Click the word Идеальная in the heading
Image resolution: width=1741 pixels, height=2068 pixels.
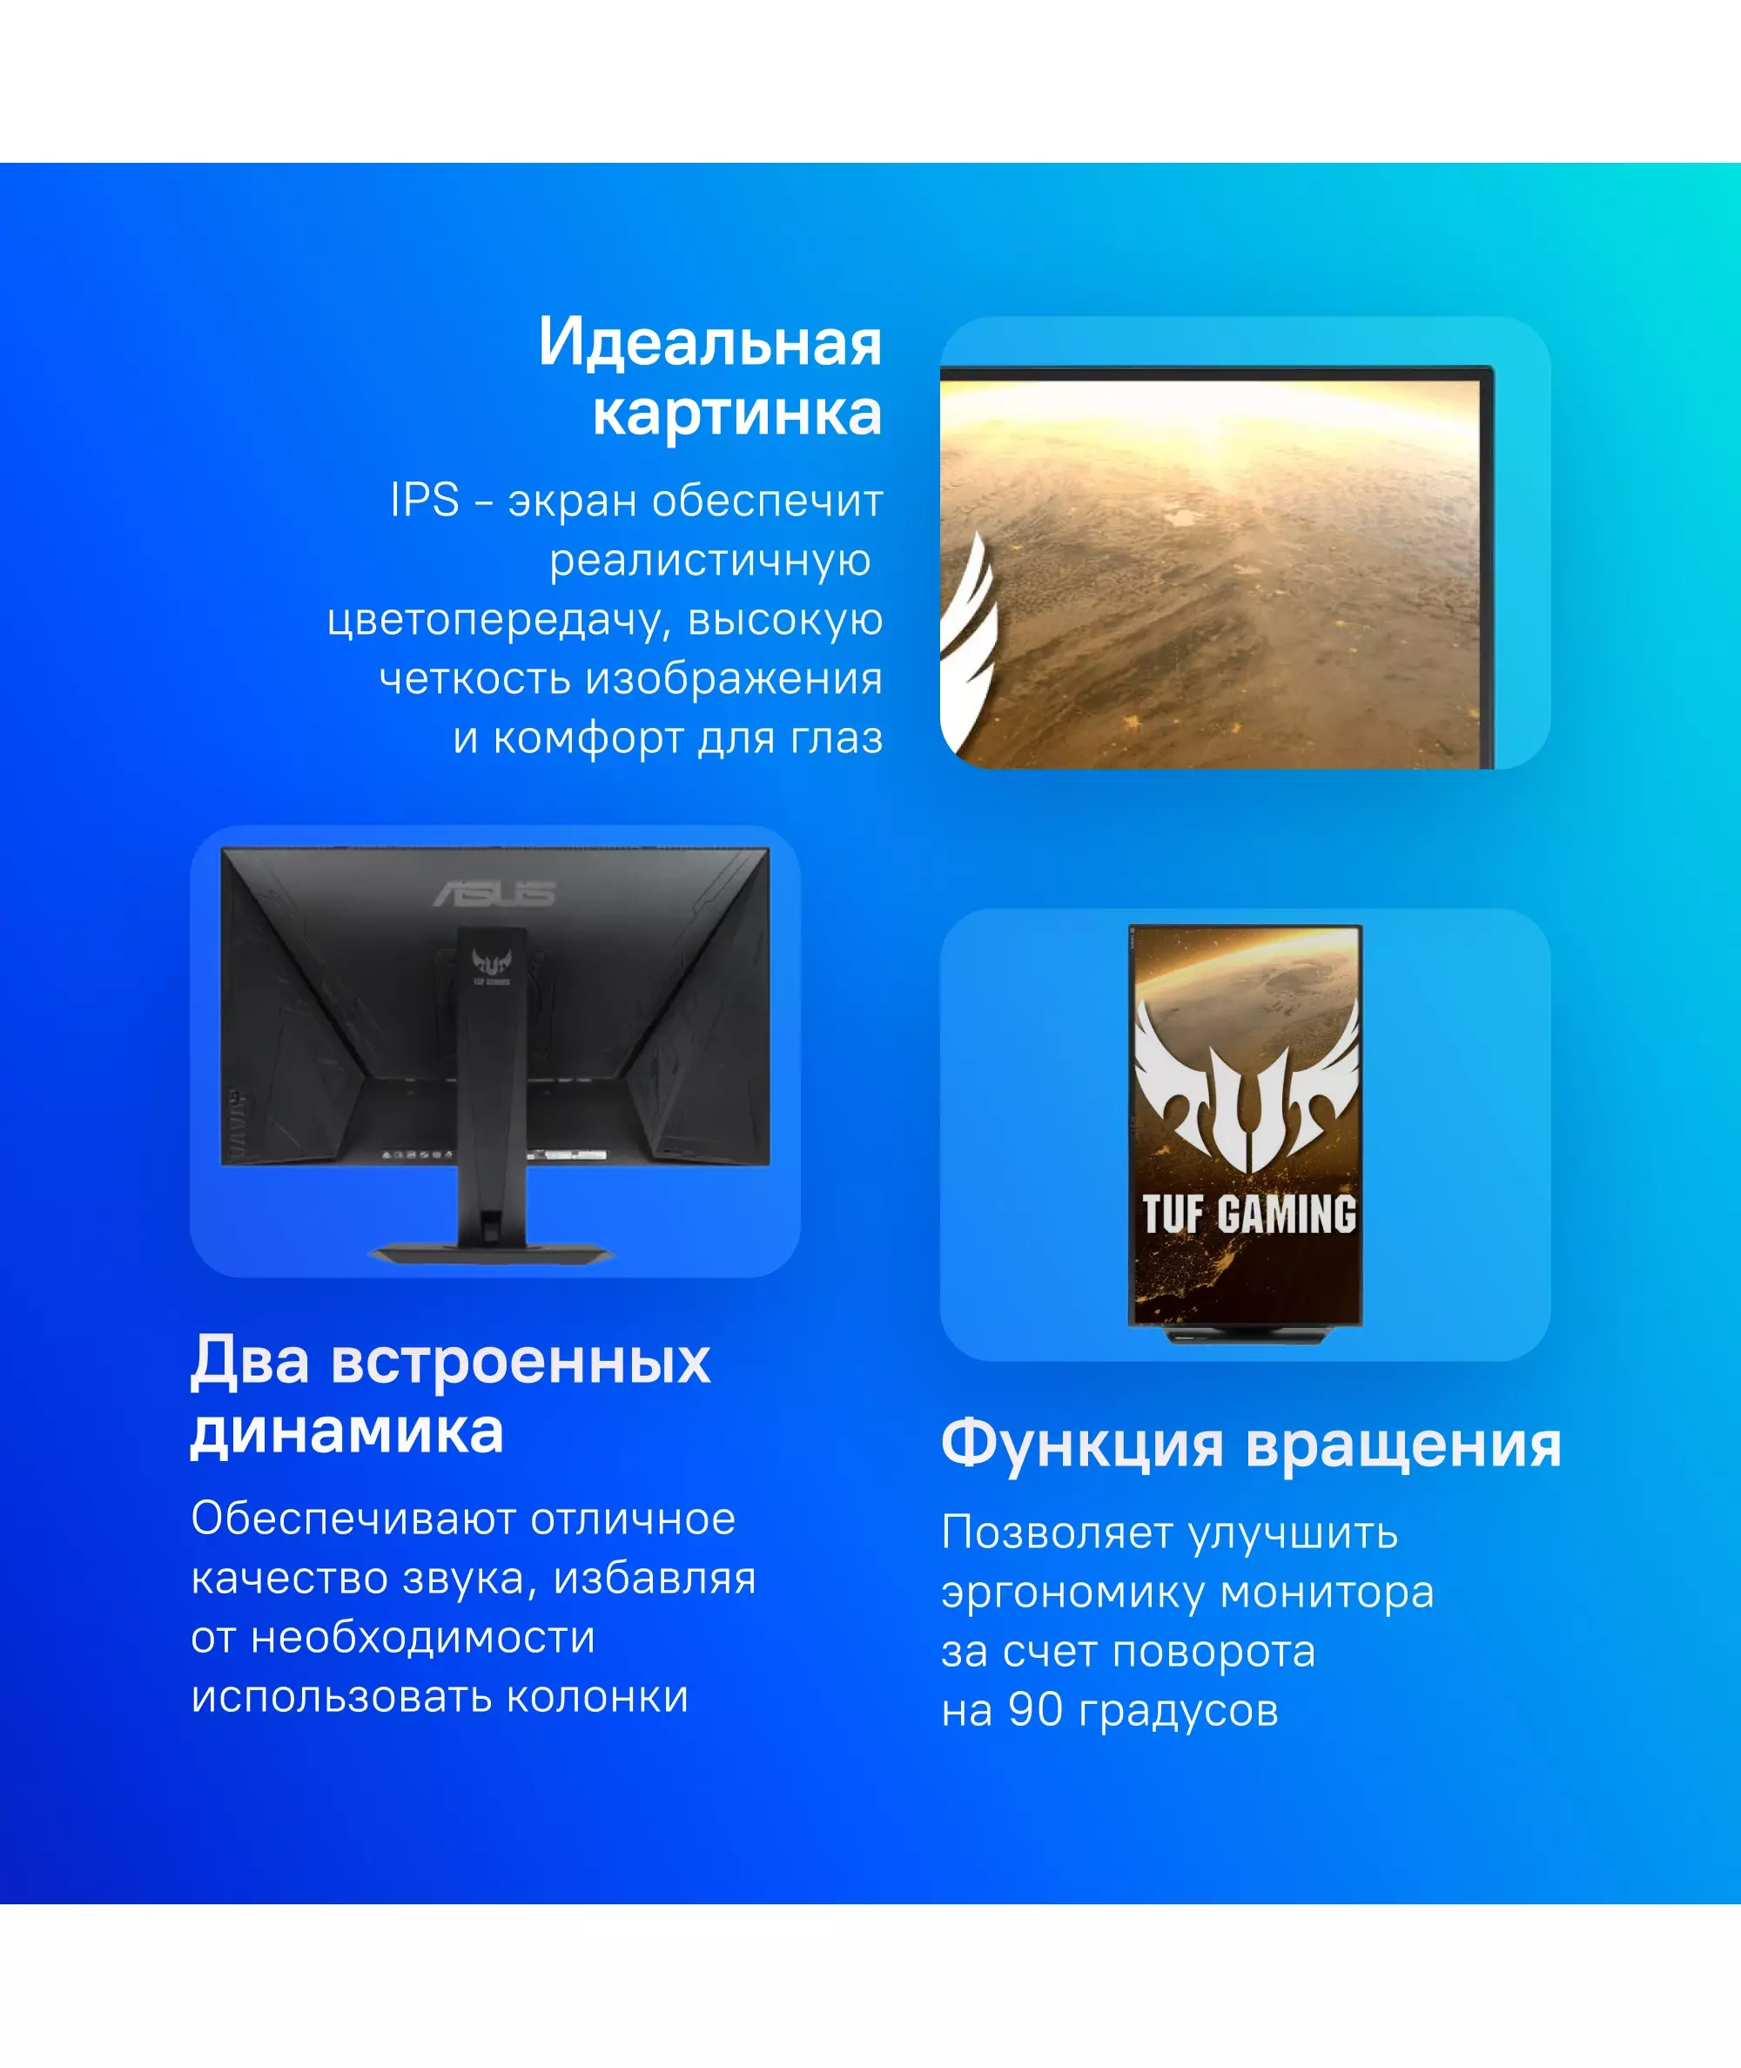(x=709, y=342)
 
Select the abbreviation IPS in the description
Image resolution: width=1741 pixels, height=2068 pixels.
(x=425, y=500)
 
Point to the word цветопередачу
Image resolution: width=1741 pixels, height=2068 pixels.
(x=501, y=621)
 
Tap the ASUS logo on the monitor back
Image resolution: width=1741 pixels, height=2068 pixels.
(x=494, y=893)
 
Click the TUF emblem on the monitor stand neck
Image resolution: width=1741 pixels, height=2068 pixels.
(x=490, y=966)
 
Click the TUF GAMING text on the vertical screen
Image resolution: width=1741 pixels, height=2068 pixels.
(x=1248, y=1214)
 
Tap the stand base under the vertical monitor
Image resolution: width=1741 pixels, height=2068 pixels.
(x=1249, y=1334)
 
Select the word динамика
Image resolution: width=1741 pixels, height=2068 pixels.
(x=346, y=1431)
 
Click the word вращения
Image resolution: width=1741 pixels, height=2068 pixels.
(x=1403, y=1446)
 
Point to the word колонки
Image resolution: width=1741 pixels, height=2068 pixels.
(x=597, y=1697)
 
